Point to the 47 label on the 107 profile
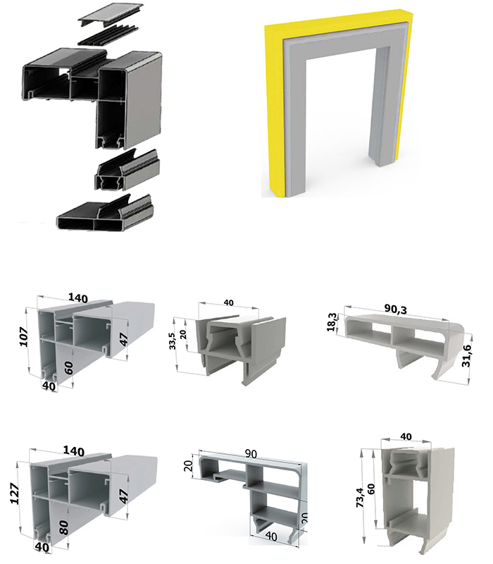123,338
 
